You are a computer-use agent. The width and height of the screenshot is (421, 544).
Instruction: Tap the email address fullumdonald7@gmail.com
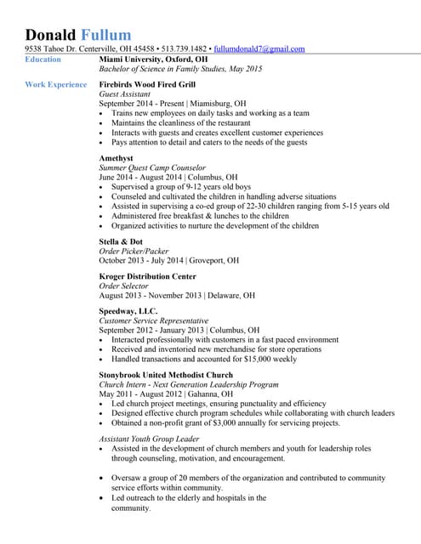pyautogui.click(x=259, y=49)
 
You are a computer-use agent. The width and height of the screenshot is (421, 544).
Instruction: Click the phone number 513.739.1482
pyautogui.click(x=185, y=49)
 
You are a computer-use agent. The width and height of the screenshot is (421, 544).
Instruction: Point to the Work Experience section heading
pyautogui.click(x=55, y=84)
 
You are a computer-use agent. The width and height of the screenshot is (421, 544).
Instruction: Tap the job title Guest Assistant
pyautogui.click(x=127, y=95)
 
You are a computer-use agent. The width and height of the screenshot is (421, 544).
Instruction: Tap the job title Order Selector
pyautogui.click(x=124, y=286)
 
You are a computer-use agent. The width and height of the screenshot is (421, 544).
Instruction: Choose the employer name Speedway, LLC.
pyautogui.click(x=128, y=312)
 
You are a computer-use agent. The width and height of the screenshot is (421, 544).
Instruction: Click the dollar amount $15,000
pyautogui.click(x=254, y=359)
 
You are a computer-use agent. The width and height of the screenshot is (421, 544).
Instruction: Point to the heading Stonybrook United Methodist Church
pyautogui.click(x=166, y=375)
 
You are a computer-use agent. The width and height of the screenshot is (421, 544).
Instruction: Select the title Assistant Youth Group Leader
pyautogui.click(x=149, y=439)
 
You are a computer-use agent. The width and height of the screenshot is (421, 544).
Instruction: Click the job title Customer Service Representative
pyautogui.click(x=153, y=321)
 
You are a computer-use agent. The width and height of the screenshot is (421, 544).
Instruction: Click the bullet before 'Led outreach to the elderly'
pyautogui.click(x=103, y=498)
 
